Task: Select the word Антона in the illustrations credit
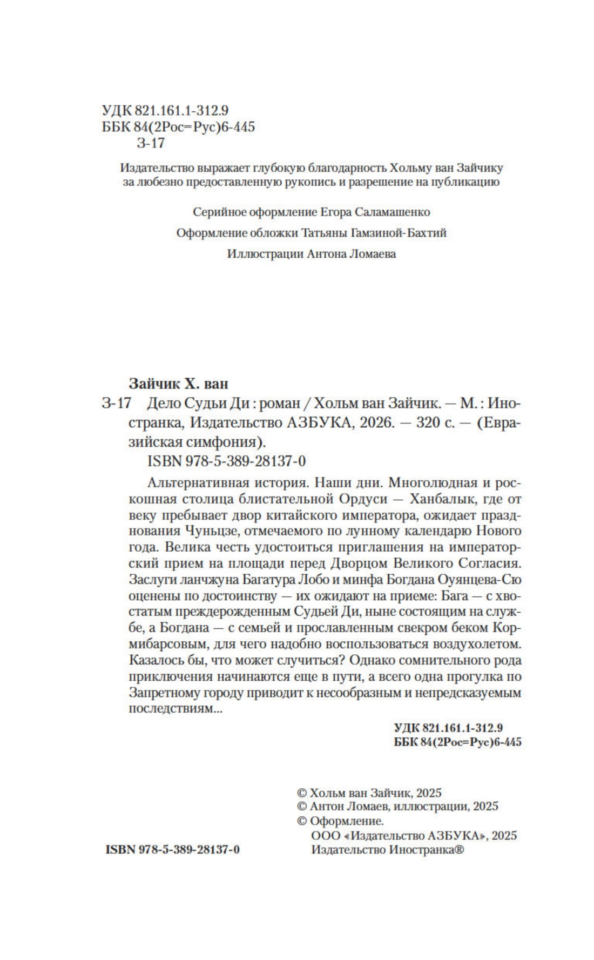pyautogui.click(x=325, y=254)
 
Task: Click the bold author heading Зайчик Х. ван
pyautogui.click(x=179, y=384)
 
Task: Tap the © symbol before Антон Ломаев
pyautogui.click(x=302, y=807)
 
